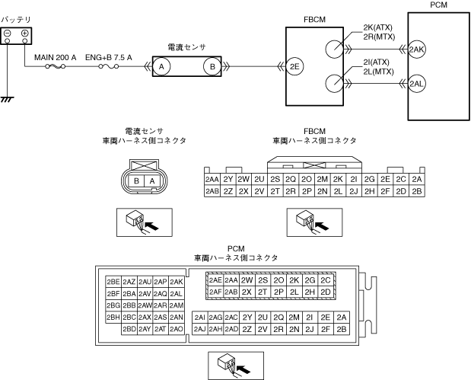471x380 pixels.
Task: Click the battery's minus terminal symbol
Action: [7, 33]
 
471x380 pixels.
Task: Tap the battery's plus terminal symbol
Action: [24, 33]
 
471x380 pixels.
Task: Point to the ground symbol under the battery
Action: [7, 100]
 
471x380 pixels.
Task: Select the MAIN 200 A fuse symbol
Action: [55, 66]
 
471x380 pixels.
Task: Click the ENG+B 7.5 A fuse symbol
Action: [109, 66]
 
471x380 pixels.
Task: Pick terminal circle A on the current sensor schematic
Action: [161, 66]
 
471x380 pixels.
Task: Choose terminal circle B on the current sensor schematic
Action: [212, 66]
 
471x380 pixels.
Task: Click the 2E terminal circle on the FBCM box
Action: [294, 66]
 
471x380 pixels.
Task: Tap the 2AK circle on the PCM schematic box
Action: [417, 49]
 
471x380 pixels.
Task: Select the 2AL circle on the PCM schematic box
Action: [417, 84]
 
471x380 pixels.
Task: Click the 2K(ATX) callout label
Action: [378, 27]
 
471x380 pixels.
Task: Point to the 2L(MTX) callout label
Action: [378, 72]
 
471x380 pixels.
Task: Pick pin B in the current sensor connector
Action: [136, 181]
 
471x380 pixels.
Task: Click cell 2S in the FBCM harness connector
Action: [275, 179]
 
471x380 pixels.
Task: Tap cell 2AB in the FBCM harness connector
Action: [212, 191]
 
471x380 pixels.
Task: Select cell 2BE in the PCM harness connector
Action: [113, 282]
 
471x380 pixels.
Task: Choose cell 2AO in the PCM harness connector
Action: [177, 329]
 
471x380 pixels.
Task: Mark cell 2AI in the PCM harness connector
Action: [200, 318]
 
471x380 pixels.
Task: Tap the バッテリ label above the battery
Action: [16, 20]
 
